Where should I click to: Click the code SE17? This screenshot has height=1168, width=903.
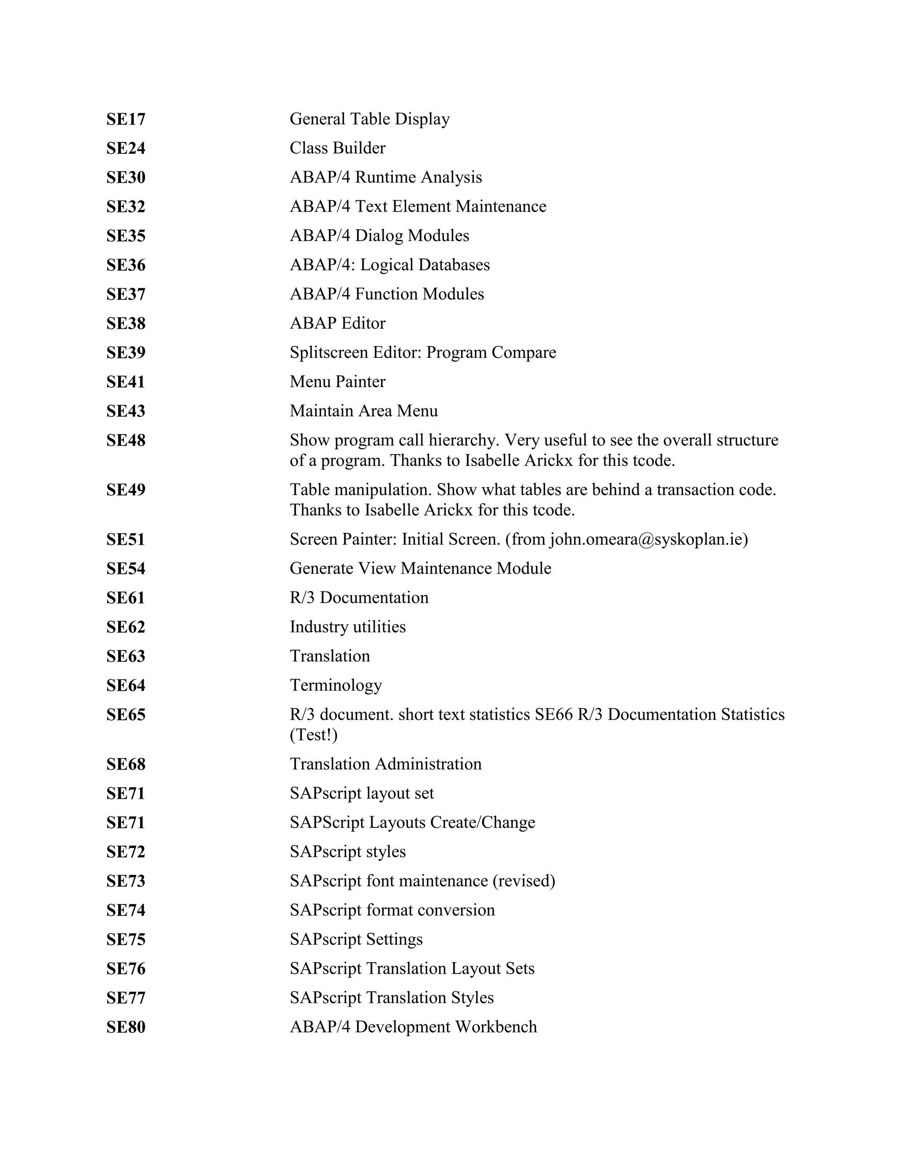click(x=126, y=119)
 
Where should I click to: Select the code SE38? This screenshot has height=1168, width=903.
click(x=126, y=324)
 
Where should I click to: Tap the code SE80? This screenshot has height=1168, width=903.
click(x=126, y=1027)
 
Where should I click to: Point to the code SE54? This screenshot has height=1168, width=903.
click(x=126, y=569)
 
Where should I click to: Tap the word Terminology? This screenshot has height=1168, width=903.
click(x=336, y=686)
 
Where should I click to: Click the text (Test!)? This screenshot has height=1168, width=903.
click(x=313, y=735)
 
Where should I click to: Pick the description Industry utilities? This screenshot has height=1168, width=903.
click(x=348, y=627)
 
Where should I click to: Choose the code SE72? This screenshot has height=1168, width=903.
click(x=126, y=852)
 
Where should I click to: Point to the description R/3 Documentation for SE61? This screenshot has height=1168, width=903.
click(x=359, y=598)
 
